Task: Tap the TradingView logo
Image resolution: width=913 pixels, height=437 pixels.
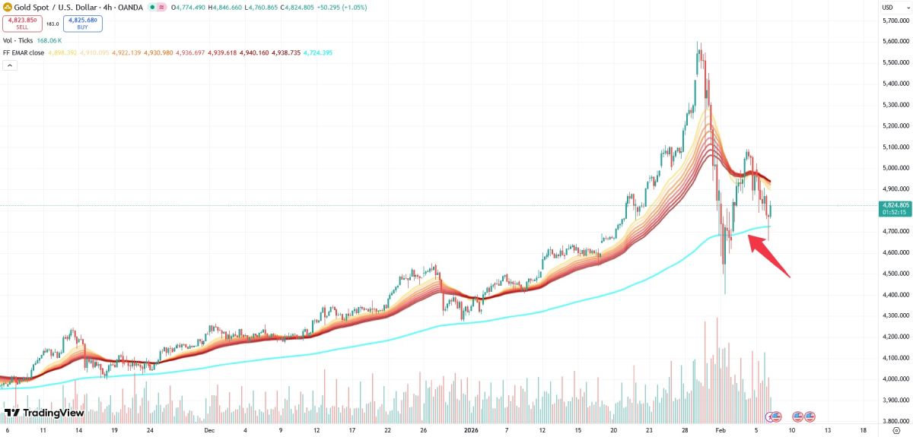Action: [44, 413]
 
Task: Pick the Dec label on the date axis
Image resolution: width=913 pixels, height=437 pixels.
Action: [209, 429]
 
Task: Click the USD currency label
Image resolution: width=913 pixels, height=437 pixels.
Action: [886, 8]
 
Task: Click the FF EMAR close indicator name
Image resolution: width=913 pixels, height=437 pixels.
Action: [24, 52]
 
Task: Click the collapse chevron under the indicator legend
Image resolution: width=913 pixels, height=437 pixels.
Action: [11, 65]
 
